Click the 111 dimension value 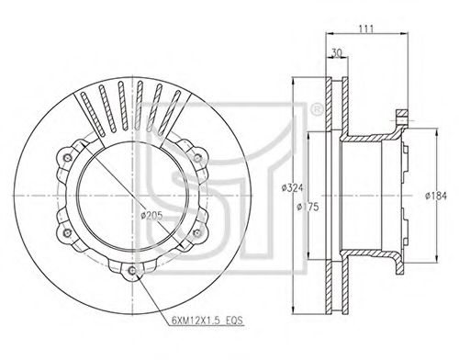(366, 28)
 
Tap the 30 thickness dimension (337, 53)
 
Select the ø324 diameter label (293, 187)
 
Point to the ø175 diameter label (308, 207)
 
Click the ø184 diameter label (436, 196)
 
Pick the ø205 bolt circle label (151, 216)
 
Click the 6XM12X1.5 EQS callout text (207, 321)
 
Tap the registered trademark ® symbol (317, 109)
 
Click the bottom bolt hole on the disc (132, 270)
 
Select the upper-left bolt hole (67, 158)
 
